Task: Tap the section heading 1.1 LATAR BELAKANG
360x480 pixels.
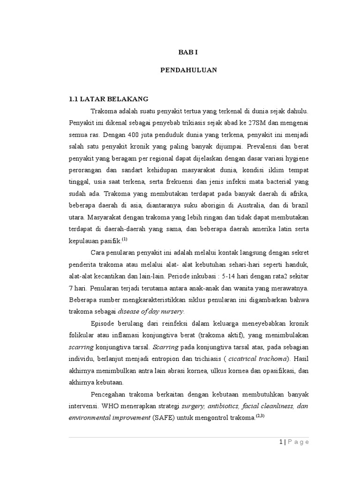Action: pyautogui.click(x=109, y=99)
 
